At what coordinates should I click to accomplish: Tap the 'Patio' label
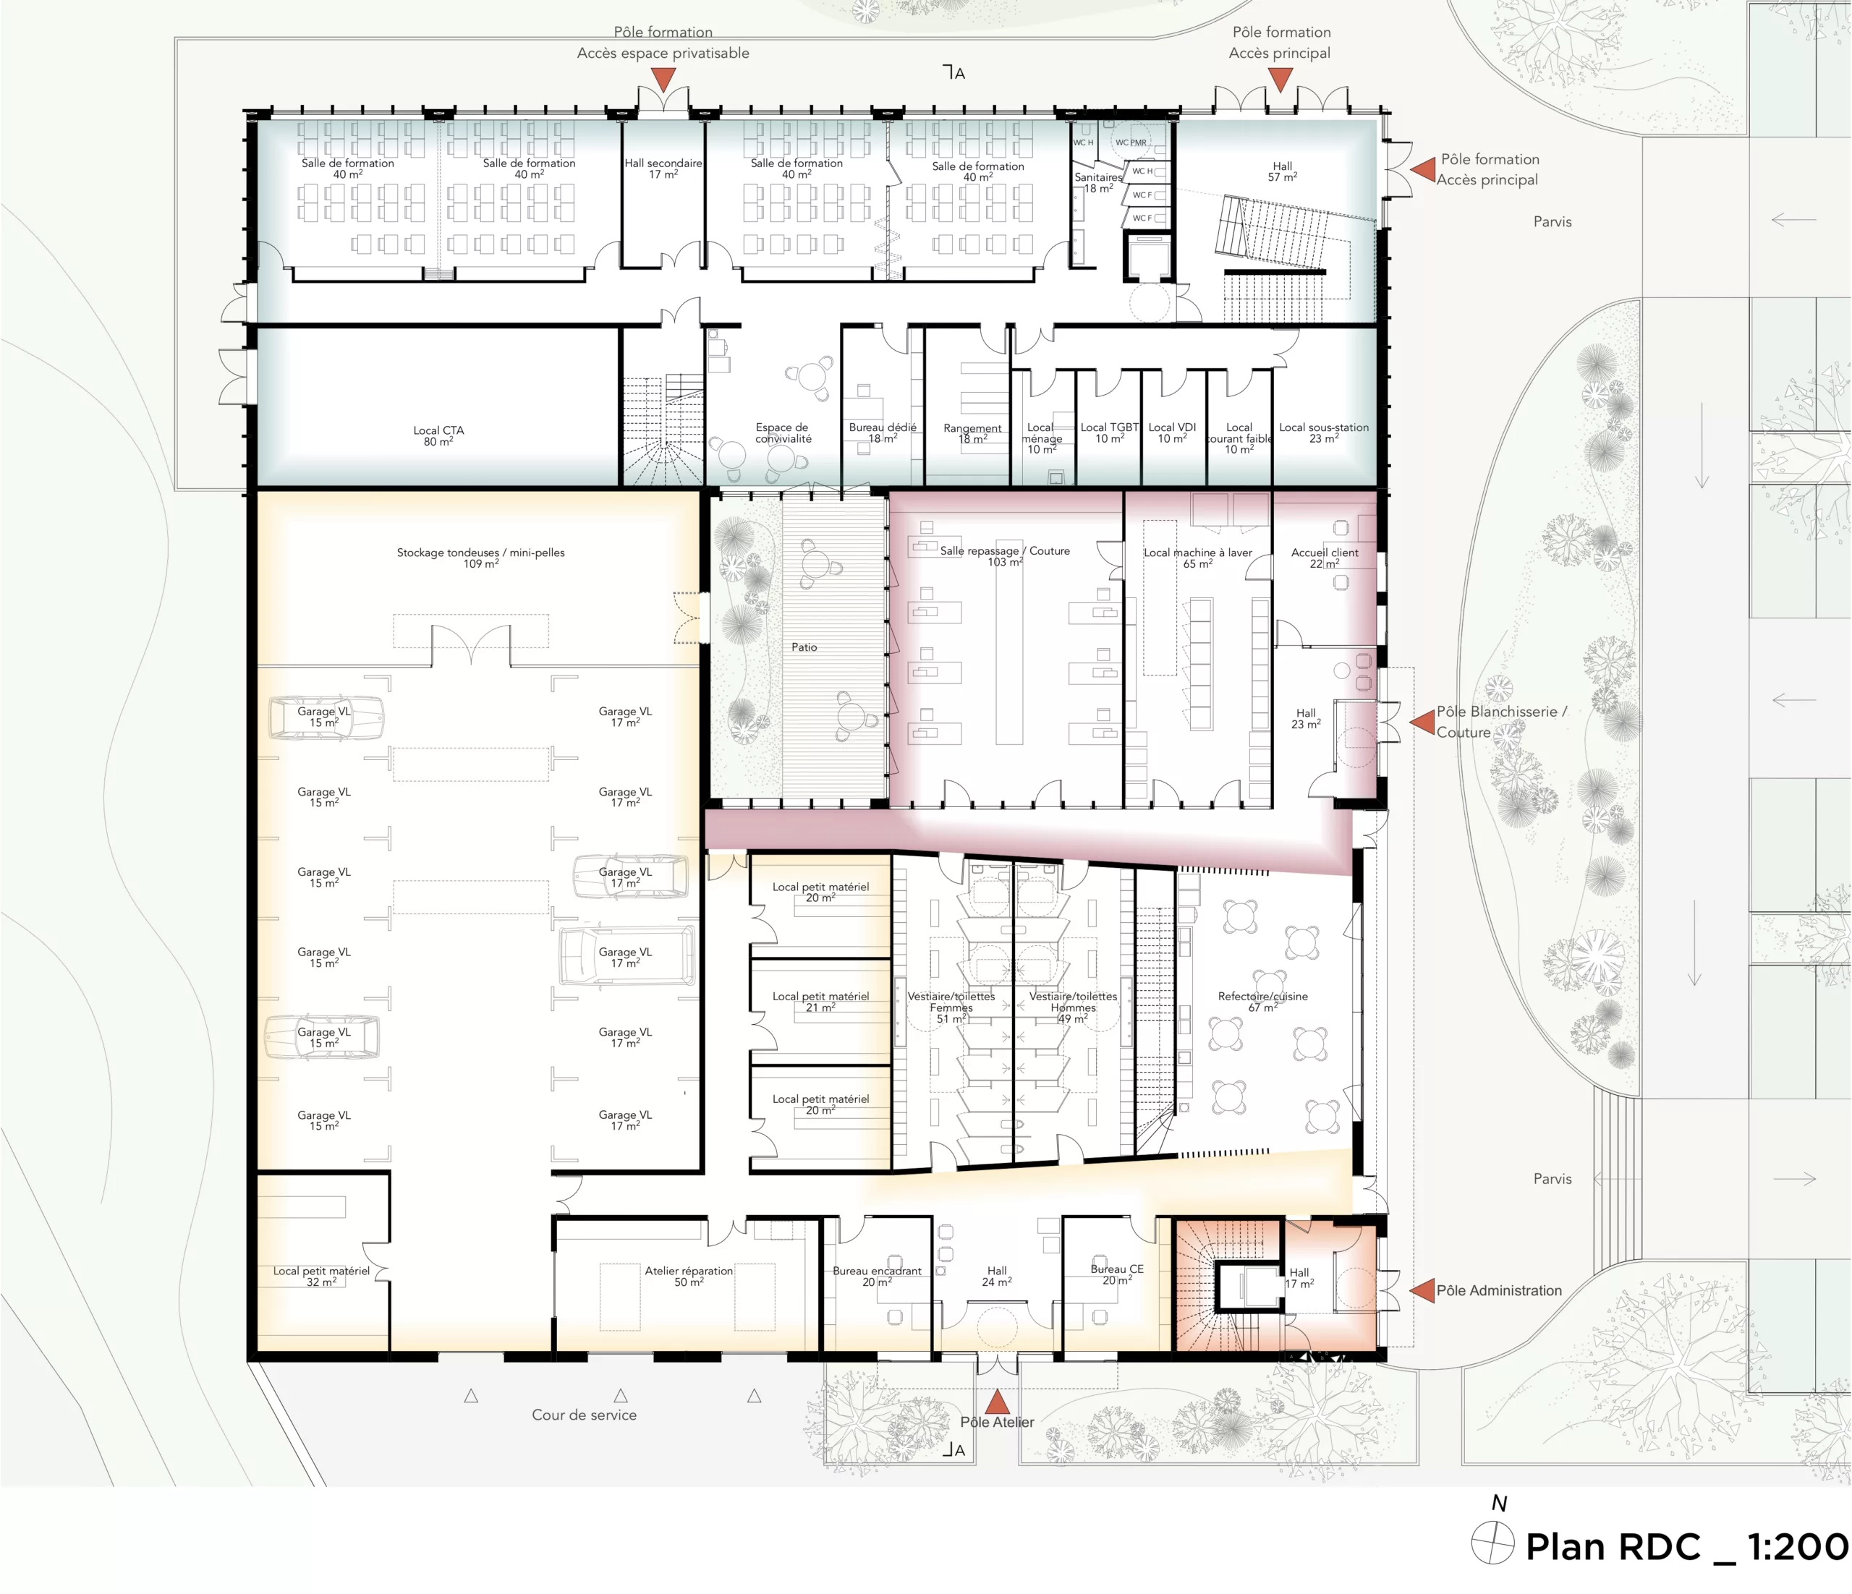804,647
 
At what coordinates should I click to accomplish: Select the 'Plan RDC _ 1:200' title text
1686,1547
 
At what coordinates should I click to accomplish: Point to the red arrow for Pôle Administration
1422,1290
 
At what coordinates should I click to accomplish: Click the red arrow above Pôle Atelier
997,1401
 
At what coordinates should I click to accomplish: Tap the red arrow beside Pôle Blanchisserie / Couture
1422,721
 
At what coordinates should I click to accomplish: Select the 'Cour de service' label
585,1415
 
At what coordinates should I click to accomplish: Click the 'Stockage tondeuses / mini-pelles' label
481,552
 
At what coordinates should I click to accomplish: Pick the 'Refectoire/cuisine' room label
1262,997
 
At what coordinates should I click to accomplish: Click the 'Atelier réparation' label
689,1271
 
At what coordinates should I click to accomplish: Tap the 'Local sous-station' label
1324,427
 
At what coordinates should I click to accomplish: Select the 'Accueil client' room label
1325,552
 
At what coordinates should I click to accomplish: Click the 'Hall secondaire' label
663,163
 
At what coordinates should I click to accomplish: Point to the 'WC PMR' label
1131,142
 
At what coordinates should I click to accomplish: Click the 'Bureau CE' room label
1116,1269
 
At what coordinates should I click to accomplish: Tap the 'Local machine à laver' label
1198,552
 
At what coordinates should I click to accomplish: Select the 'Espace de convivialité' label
783,432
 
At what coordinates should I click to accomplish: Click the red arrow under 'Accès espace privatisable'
663,80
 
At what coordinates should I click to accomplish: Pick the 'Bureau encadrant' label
877,1271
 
